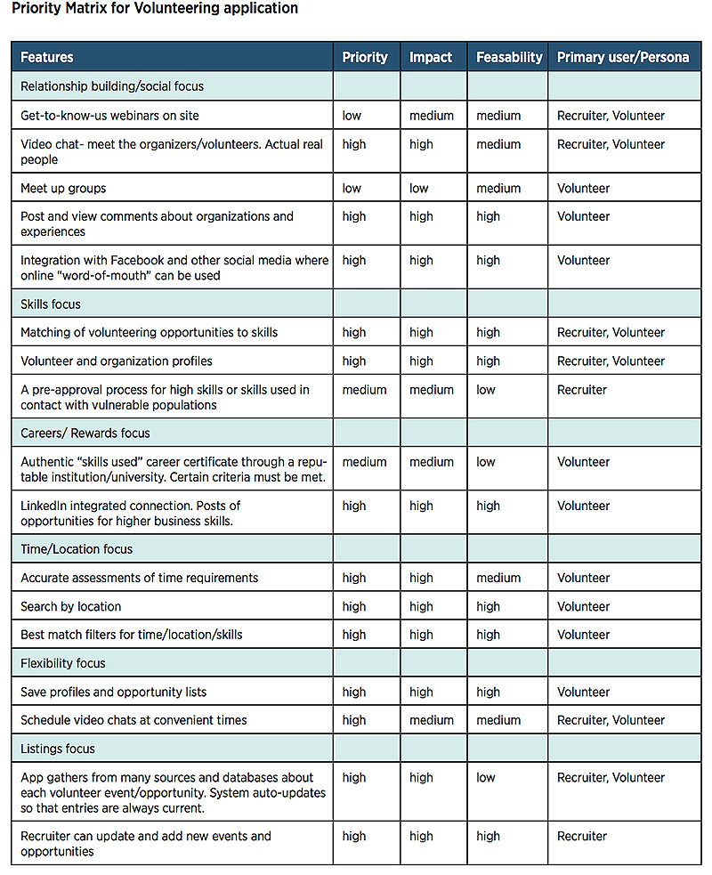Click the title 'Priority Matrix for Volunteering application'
coord(155,9)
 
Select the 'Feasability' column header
coord(509,57)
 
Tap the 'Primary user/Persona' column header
coord(623,57)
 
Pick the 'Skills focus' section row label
coord(51,304)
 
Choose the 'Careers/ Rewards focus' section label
coord(85,433)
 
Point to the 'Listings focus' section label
coord(58,749)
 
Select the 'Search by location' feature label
coord(71,606)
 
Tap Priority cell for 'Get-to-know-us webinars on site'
coord(352,116)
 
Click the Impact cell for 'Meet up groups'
coord(419,188)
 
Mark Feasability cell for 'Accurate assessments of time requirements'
coord(498,578)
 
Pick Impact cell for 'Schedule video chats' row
coord(432,720)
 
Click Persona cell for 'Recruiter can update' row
coord(582,836)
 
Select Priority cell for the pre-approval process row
coord(365,390)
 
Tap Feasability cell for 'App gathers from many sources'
coord(486,777)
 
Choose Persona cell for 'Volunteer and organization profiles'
coord(611,361)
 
